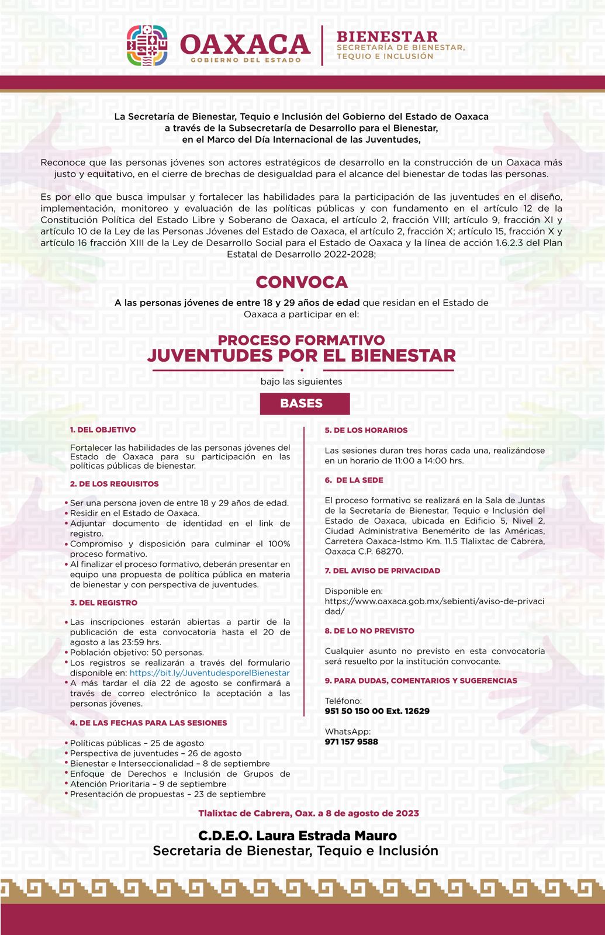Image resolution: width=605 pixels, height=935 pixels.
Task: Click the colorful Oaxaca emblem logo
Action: (x=147, y=46)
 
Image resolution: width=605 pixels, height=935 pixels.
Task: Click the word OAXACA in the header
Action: (x=245, y=44)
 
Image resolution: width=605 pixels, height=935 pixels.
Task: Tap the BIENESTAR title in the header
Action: (x=387, y=37)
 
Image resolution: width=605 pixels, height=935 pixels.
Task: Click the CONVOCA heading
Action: (x=302, y=282)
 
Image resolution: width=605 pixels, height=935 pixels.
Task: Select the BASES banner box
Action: (x=305, y=403)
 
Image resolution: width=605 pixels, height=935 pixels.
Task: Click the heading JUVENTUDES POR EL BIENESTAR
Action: (x=302, y=355)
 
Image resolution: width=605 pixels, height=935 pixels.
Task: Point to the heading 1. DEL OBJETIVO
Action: (x=103, y=430)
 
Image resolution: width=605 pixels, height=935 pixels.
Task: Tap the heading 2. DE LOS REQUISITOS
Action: (x=115, y=484)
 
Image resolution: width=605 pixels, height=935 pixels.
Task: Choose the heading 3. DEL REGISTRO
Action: (x=104, y=602)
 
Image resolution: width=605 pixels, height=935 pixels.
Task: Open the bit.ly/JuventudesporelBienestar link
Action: (x=209, y=673)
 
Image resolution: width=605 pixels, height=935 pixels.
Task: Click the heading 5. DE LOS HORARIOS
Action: (x=367, y=430)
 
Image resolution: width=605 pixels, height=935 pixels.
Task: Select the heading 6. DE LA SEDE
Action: (x=355, y=480)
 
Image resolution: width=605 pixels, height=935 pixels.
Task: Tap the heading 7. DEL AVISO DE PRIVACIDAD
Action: (x=383, y=570)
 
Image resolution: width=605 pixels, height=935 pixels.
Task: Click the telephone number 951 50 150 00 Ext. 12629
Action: (x=377, y=711)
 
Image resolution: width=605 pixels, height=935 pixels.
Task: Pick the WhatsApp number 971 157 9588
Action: (x=351, y=742)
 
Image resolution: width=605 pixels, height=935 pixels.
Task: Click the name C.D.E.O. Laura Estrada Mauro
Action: (x=298, y=836)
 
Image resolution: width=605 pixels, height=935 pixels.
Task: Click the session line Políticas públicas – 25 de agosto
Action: (x=137, y=743)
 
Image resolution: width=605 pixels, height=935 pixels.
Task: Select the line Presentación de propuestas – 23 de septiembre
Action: (x=168, y=794)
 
